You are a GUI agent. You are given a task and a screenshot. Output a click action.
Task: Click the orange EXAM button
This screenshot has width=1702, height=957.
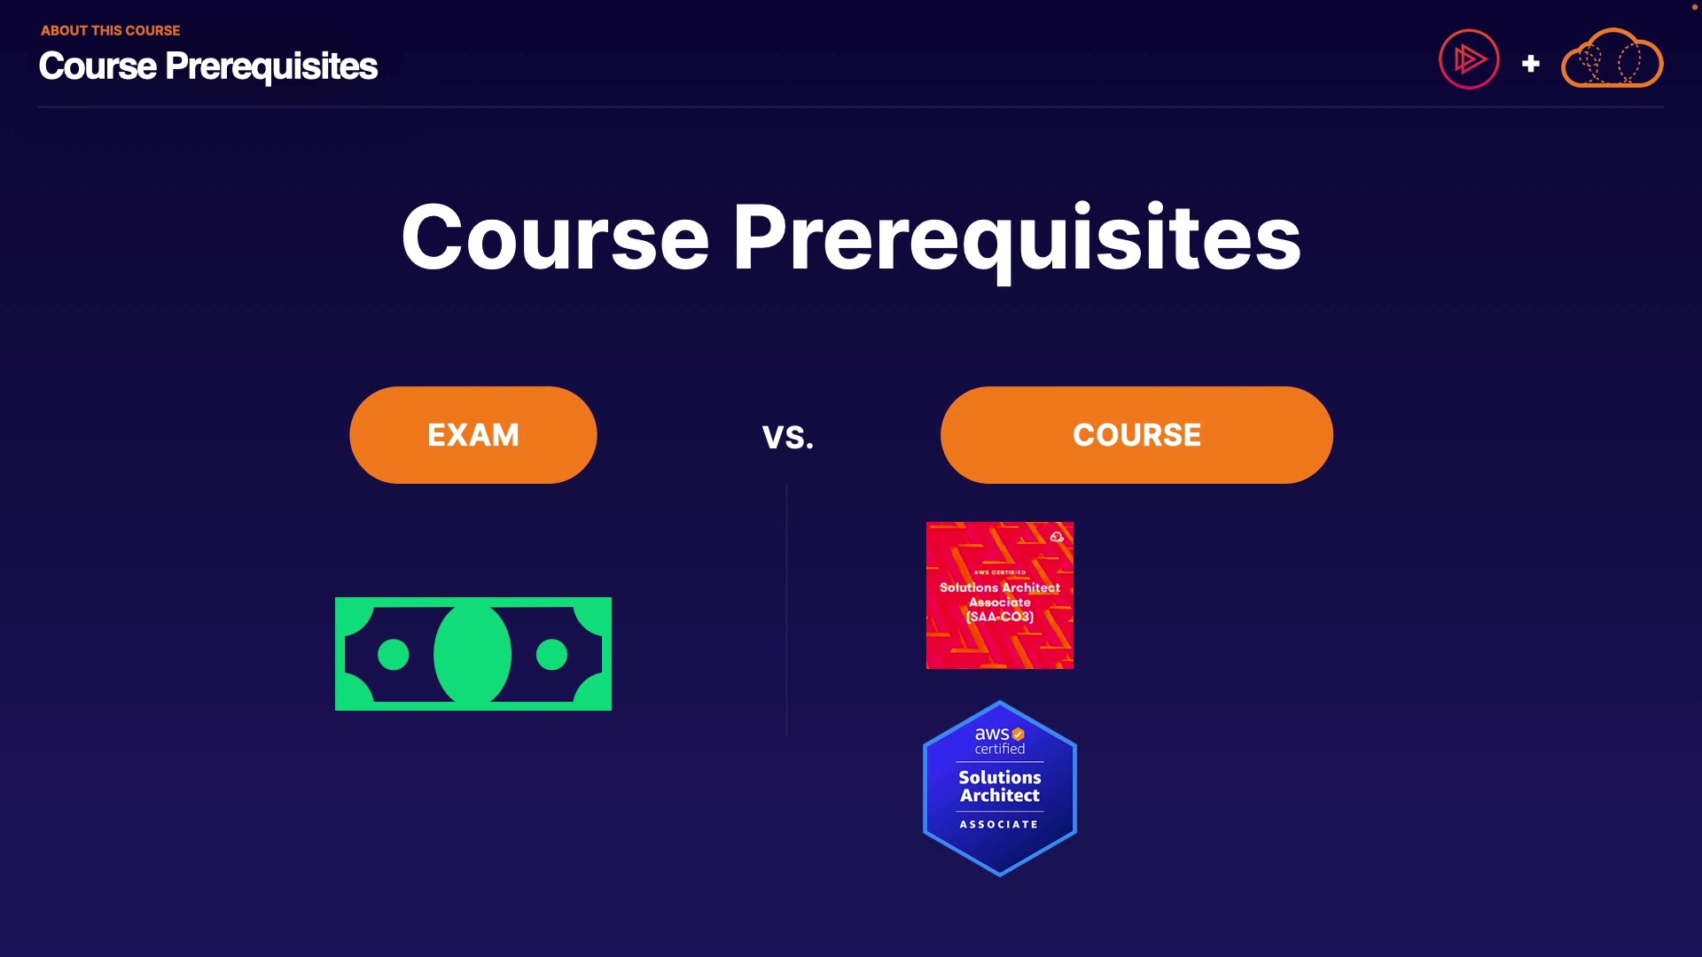pos(473,435)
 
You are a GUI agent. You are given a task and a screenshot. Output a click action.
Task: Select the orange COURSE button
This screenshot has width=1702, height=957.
pos(1136,435)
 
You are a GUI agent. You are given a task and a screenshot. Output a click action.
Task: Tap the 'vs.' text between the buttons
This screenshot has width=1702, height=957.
pos(788,437)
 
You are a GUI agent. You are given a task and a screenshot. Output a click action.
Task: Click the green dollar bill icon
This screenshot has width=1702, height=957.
pos(473,654)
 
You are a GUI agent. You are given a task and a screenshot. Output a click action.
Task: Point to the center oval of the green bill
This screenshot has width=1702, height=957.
pos(472,654)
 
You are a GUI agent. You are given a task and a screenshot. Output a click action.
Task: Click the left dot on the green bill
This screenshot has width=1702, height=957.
pos(394,655)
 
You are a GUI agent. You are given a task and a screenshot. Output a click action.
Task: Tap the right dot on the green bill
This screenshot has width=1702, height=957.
pos(552,655)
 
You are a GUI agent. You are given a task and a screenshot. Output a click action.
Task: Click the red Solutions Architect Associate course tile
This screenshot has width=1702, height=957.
pos(1000,595)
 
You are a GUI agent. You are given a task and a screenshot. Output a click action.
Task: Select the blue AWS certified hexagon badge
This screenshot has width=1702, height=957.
pos(1000,789)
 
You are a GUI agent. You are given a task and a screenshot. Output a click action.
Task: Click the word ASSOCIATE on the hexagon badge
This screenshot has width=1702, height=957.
pos(999,824)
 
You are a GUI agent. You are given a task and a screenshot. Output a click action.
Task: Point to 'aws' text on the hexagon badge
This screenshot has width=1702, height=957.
pos(992,734)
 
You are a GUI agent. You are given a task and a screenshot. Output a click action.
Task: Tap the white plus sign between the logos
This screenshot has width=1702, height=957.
pos(1531,64)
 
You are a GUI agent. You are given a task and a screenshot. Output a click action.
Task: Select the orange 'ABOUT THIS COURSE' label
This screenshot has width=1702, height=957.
pos(111,30)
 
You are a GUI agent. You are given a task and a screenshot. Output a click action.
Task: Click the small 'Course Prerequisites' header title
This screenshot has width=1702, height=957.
pos(208,66)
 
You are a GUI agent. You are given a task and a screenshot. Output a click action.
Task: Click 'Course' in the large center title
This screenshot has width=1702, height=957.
pos(556,237)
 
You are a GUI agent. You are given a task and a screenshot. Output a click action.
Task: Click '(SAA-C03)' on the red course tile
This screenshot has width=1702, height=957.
pos(1000,617)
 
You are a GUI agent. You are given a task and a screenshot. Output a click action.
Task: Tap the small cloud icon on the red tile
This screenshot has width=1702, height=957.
pos(1057,537)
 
